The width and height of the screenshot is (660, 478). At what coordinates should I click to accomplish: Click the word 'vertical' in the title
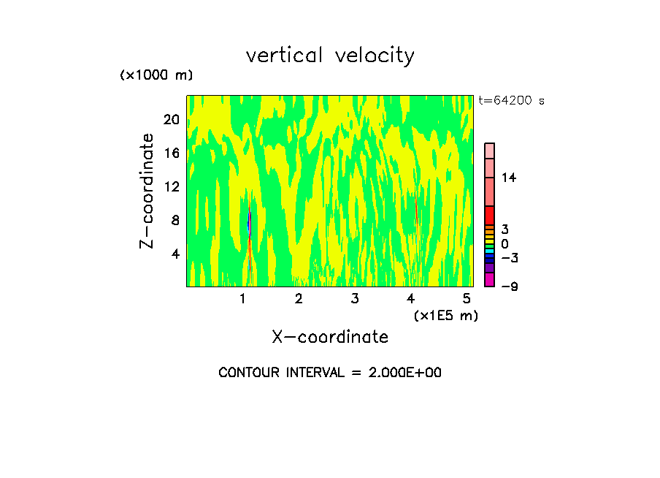285,56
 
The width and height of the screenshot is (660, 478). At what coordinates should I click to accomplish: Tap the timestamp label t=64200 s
511,101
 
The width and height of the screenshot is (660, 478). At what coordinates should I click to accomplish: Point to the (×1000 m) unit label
156,75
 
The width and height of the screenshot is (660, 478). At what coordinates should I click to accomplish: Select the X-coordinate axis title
330,337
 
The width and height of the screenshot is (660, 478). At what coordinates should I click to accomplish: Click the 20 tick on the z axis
171,120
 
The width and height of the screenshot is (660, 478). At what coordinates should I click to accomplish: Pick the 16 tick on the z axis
171,153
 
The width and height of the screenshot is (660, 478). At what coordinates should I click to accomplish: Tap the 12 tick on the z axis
171,187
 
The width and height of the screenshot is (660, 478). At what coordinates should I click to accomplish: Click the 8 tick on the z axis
174,220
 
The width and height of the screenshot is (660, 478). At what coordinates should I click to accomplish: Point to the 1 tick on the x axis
242,298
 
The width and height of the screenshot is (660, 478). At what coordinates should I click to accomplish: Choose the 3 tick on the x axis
354,298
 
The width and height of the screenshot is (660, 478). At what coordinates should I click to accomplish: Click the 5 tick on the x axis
467,298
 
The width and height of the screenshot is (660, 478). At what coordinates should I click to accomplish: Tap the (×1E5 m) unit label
445,315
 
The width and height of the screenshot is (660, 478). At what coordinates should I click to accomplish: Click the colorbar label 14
509,178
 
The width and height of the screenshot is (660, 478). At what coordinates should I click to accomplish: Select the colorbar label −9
509,287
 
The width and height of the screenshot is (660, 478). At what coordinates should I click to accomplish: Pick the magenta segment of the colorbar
489,280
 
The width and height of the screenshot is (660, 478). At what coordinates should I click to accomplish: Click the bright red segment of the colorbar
489,215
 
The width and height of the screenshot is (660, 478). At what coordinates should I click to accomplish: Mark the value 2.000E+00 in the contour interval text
400,373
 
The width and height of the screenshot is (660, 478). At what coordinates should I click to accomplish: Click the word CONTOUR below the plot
246,373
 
